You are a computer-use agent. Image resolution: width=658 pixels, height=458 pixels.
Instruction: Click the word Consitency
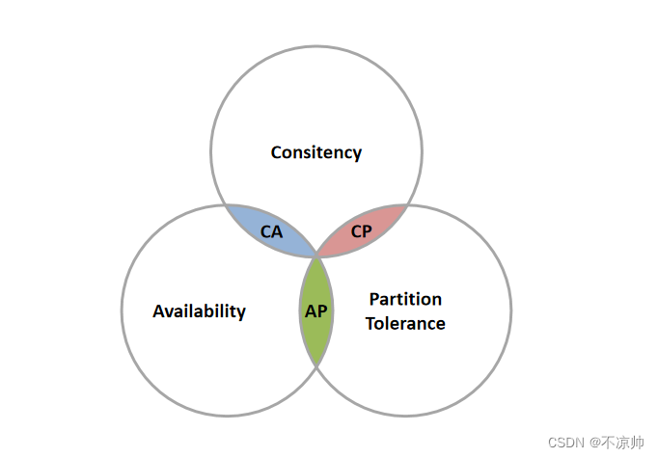tap(315, 152)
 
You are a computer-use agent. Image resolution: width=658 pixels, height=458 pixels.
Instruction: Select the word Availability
tap(199, 311)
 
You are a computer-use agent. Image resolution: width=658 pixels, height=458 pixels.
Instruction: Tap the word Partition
tap(405, 299)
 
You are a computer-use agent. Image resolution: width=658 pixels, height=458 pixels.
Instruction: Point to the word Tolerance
tap(405, 323)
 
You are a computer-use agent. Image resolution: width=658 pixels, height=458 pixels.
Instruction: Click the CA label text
tap(272, 231)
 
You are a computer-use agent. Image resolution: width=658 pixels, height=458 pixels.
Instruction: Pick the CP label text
tap(361, 231)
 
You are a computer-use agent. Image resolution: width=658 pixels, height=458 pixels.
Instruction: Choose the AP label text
tap(316, 311)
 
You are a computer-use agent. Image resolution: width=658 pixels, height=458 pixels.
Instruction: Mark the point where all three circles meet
tap(316, 256)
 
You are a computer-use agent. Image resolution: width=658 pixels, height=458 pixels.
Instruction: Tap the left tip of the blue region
tap(226, 205)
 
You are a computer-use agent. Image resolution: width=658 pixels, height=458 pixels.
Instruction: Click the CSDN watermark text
tap(566, 443)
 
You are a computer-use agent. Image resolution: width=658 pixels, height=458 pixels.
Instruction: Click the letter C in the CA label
tap(266, 231)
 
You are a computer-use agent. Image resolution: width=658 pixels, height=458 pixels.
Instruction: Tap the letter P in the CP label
tap(367, 231)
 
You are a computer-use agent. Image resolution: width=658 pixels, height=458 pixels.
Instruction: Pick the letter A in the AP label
tap(310, 311)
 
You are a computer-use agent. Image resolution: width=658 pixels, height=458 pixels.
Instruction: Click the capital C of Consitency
tap(276, 152)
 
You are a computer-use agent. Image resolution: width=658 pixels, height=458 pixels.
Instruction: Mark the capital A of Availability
tap(158, 311)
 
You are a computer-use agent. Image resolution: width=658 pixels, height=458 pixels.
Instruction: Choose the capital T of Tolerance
tap(370, 323)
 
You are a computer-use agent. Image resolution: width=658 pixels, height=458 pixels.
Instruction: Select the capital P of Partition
tap(374, 299)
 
